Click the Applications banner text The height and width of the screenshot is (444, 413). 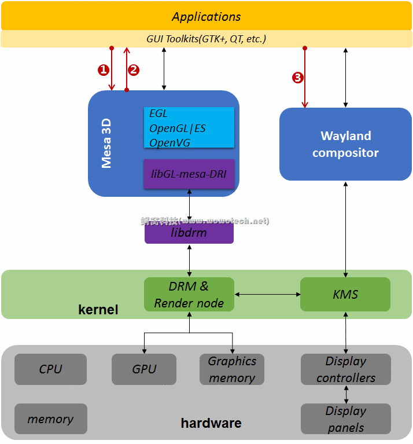[207, 17]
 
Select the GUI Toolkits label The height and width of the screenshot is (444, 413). [207, 39]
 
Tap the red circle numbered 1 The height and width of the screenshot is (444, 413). [104, 70]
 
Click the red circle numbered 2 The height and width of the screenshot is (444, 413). [134, 70]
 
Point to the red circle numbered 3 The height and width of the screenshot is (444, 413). [298, 78]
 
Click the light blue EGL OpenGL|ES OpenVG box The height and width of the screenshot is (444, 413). [189, 127]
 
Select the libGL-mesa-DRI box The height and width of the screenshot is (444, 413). [189, 174]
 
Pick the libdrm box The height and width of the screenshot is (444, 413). [189, 233]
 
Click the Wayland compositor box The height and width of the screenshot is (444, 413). [345, 144]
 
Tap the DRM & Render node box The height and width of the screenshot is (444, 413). [189, 295]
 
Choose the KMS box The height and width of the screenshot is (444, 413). [345, 295]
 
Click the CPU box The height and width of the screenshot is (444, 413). [50, 369]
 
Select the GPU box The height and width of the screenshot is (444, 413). [144, 369]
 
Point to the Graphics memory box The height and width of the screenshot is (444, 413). [232, 369]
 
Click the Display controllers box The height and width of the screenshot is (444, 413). [345, 369]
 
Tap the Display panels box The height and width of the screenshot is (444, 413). [345, 419]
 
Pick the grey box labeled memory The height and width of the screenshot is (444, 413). [50, 419]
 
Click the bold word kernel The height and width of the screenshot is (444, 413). [98, 310]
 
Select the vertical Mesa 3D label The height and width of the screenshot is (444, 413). [106, 144]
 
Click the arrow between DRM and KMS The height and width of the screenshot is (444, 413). [267, 295]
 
